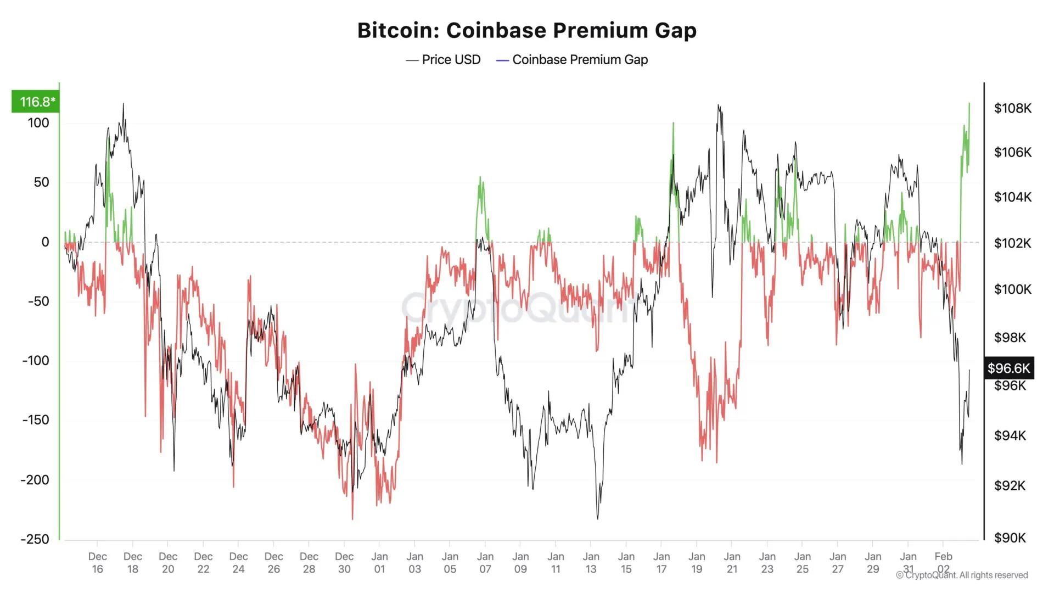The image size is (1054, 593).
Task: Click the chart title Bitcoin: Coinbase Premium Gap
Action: (527, 31)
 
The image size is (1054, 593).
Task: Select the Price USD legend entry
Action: (444, 60)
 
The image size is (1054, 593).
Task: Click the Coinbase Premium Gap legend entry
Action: (572, 60)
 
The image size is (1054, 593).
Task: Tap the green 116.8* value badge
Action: (36, 102)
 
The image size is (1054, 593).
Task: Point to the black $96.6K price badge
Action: (1008, 368)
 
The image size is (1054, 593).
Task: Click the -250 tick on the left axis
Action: (35, 539)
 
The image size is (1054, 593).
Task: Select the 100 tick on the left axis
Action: (38, 123)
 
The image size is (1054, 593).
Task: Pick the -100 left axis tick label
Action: (35, 361)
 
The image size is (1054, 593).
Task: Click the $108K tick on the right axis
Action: (1012, 108)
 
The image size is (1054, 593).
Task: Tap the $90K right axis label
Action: (1010, 538)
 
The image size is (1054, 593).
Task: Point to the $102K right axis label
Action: (1012, 243)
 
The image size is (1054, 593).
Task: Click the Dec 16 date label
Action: (97, 563)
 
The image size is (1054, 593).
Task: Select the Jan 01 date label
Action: (379, 563)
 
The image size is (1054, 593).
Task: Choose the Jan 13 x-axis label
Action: (591, 563)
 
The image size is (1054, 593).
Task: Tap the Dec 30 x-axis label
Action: (344, 563)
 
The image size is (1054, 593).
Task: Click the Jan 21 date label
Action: (732, 563)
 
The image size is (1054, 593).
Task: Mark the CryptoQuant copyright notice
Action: (962, 575)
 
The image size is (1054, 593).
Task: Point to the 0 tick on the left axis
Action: (45, 242)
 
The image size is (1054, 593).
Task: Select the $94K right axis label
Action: (1010, 436)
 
